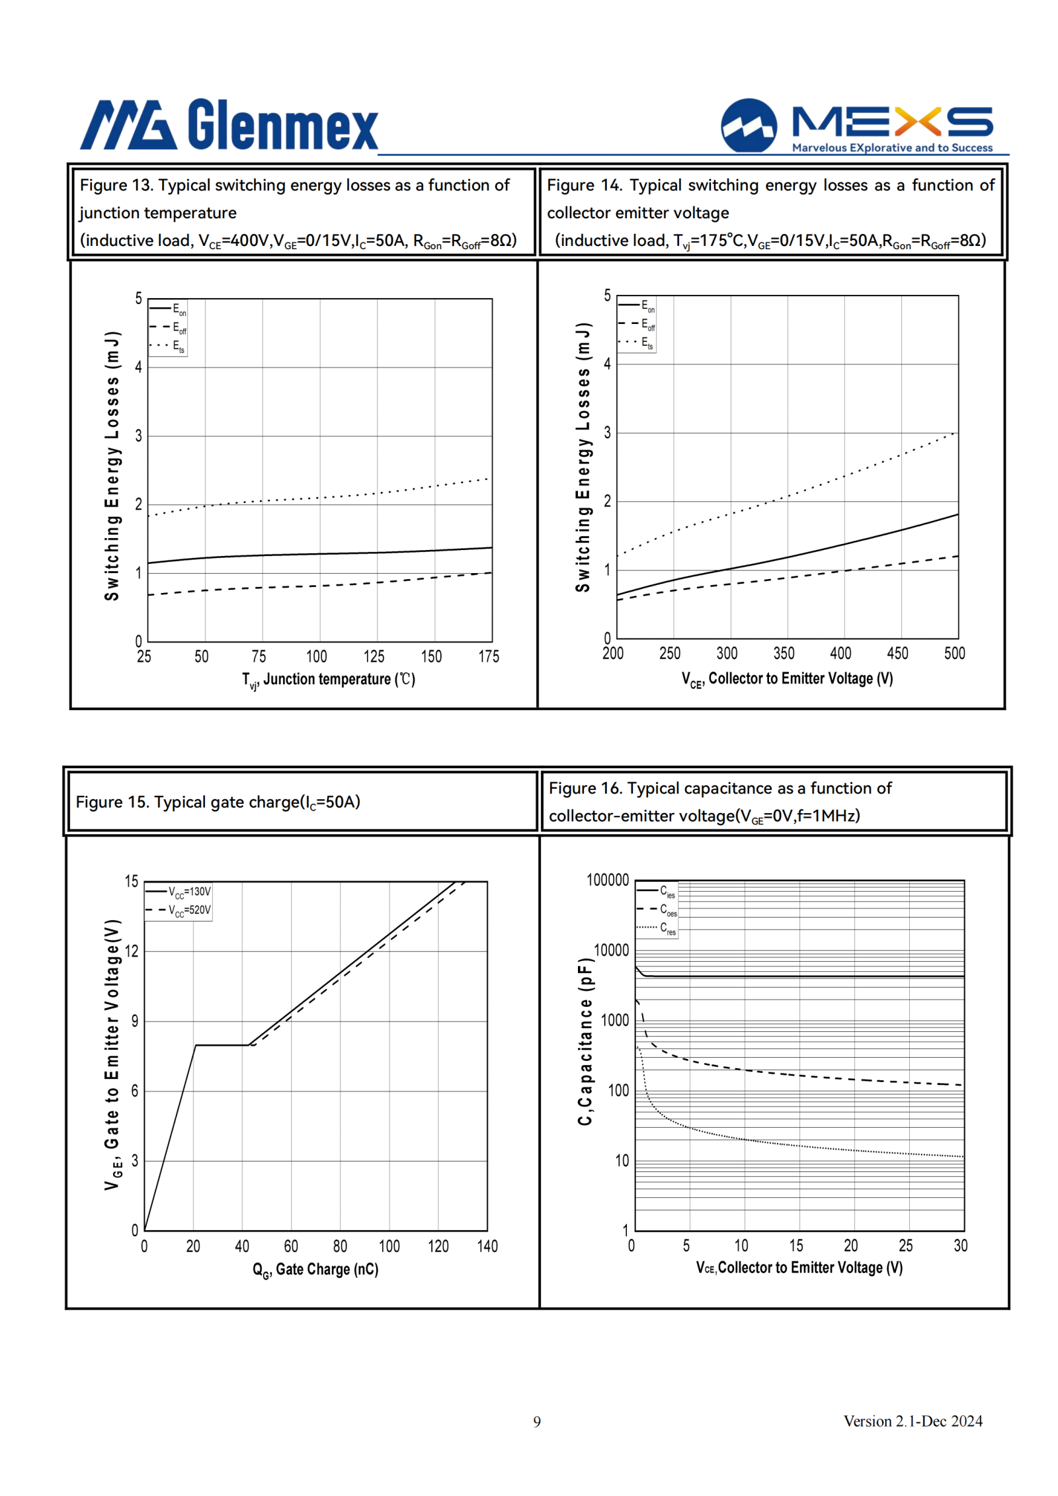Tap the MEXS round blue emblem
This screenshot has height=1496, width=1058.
click(x=749, y=126)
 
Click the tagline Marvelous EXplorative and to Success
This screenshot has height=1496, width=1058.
click(x=892, y=147)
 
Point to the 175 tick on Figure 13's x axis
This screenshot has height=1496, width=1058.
click(x=489, y=656)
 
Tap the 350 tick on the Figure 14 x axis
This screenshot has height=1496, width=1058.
click(x=784, y=653)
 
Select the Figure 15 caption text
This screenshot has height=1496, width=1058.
click(x=218, y=802)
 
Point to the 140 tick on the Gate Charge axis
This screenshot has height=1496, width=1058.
click(x=487, y=1246)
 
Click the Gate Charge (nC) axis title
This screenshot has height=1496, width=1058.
click(x=315, y=1270)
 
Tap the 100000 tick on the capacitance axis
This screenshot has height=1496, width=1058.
click(x=608, y=880)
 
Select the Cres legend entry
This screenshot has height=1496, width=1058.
click(x=657, y=928)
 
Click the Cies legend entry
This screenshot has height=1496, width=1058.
click(x=657, y=891)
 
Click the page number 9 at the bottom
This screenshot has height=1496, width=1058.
click(x=537, y=1421)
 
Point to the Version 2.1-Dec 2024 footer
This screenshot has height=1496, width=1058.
click(x=913, y=1421)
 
